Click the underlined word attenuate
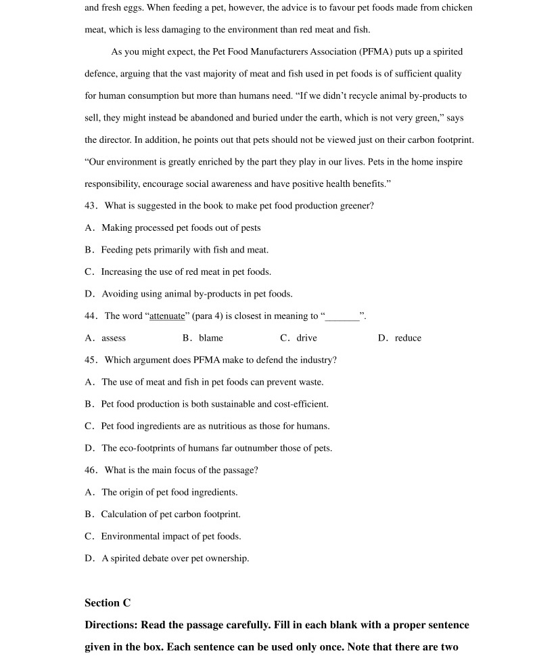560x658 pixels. (166, 316)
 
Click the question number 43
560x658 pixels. (91, 206)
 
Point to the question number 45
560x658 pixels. (91, 360)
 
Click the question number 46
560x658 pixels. (91, 470)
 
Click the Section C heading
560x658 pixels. (108, 602)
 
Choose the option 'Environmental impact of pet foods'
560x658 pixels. (170, 536)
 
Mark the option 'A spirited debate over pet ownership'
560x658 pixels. (175, 558)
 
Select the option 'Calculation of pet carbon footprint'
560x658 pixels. (170, 514)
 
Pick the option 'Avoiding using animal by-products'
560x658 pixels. (197, 294)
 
